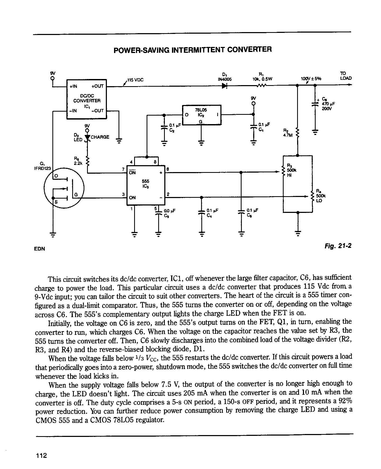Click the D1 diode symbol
tap(225, 86)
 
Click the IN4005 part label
tap(225, 79)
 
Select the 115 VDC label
tap(135, 80)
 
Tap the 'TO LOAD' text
tap(346, 76)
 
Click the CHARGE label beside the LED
tap(100, 137)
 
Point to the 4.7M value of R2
tap(288, 135)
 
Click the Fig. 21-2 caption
tap(338, 246)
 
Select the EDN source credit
tap(40, 249)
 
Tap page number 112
tap(42, 455)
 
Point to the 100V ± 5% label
tap(311, 79)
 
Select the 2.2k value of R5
tap(78, 164)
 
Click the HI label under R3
tap(289, 175)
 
